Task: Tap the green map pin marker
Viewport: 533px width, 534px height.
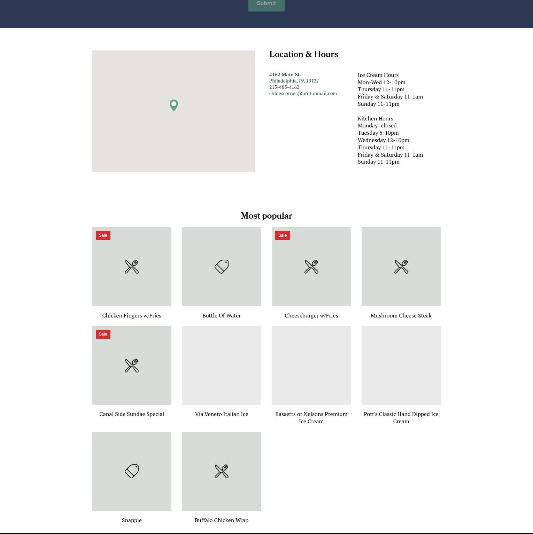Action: pos(174,105)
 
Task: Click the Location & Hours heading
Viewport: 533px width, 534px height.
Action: pos(304,54)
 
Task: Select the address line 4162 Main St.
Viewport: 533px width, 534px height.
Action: pos(285,74)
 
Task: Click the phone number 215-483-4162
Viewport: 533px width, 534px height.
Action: pos(284,87)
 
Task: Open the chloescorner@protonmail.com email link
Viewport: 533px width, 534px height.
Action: pos(303,93)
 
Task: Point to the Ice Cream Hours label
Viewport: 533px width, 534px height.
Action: pos(378,75)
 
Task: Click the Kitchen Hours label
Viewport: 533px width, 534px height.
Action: pos(376,119)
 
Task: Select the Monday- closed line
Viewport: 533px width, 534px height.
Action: pos(377,126)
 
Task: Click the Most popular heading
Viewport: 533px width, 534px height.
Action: pos(266,216)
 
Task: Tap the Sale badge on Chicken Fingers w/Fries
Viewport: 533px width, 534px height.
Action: pos(103,235)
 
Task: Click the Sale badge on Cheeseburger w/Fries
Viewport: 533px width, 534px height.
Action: pos(283,235)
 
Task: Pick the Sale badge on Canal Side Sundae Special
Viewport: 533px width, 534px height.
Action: pos(103,334)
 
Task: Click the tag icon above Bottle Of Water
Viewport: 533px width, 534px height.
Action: pos(222,267)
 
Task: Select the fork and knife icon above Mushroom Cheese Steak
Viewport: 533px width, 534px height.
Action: pos(401,267)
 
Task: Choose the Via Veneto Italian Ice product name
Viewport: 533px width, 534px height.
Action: pos(222,414)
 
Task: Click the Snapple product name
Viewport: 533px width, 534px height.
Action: pos(132,520)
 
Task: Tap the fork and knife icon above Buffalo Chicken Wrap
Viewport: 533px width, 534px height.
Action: pos(222,471)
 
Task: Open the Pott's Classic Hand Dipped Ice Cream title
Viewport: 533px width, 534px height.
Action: pos(401,418)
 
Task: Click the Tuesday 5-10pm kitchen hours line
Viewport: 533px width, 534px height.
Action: pos(378,133)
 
